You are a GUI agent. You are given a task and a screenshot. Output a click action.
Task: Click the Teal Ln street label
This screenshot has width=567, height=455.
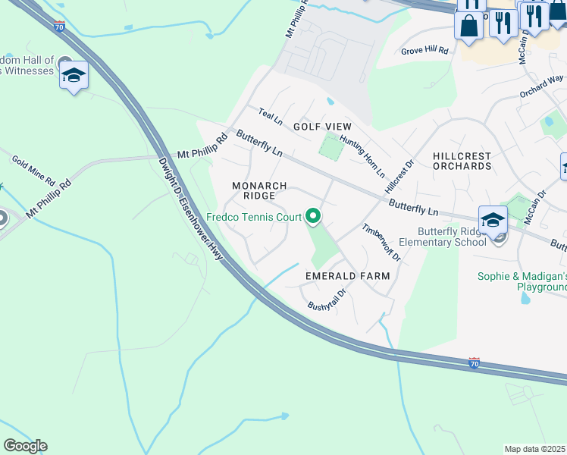pos(270,117)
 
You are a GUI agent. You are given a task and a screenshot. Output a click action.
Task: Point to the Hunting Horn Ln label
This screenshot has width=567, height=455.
pos(362,152)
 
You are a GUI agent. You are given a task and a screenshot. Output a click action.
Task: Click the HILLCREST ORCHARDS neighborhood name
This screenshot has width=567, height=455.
pos(462,161)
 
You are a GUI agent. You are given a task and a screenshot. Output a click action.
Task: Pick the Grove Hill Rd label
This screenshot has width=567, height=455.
pos(425,51)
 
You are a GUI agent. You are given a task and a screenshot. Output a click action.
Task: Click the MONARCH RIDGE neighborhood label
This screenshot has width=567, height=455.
pos(259,190)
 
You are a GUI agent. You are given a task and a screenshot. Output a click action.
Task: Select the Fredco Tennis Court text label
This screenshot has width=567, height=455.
pos(254,218)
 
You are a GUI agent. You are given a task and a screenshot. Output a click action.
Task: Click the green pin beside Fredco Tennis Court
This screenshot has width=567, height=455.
pos(313,218)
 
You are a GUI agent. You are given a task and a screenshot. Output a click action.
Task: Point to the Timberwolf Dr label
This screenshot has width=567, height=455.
pos(381,242)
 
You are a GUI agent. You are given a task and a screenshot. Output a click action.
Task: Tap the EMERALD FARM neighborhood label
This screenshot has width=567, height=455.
pos(347,276)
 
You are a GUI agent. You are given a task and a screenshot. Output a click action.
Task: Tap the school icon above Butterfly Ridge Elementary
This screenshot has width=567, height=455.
pos(493,219)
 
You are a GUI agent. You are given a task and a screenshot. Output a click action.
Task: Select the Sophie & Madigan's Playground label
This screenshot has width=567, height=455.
pos(522,281)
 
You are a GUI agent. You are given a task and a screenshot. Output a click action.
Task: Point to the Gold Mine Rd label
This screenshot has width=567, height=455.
pos(33,171)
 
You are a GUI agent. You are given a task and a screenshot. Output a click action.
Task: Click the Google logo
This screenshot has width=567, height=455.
pos(25,446)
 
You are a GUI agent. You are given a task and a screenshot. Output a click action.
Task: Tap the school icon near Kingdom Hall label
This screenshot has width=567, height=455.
pos(74,75)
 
